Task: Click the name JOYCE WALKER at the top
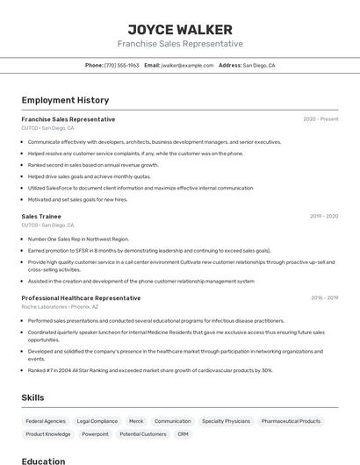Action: (x=180, y=30)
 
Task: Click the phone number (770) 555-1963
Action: (x=122, y=65)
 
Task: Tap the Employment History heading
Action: (x=65, y=100)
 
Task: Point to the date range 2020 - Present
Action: (x=320, y=119)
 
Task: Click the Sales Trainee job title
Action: (x=41, y=216)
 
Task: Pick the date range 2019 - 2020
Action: (x=324, y=216)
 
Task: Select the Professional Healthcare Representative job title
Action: (x=81, y=298)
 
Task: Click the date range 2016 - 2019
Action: (x=324, y=298)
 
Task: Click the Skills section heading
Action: (x=32, y=397)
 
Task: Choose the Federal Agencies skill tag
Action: (x=46, y=421)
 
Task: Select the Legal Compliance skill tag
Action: (x=97, y=421)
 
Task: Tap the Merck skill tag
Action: (x=135, y=421)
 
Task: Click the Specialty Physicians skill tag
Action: (x=226, y=421)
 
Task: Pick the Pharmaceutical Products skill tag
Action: (x=292, y=421)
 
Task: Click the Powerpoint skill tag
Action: (x=95, y=434)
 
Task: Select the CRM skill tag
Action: (x=183, y=434)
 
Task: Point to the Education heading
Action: (x=43, y=461)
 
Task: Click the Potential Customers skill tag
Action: (x=142, y=434)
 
